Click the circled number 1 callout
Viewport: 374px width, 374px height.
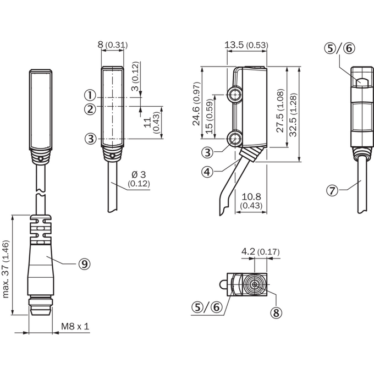coord(90,95)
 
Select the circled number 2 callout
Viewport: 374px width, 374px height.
coord(90,109)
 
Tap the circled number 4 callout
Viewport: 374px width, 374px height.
coord(207,172)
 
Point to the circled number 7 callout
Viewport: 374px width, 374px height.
coord(332,191)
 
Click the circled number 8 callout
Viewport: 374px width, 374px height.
coord(276,312)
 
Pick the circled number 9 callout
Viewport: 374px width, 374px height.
coord(85,264)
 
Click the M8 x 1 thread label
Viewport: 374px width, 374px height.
coord(75,326)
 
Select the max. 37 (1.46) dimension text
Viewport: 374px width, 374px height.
coord(5,269)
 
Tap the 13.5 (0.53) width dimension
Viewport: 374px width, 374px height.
coord(246,45)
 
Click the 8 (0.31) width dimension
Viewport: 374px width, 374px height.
coord(113,45)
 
